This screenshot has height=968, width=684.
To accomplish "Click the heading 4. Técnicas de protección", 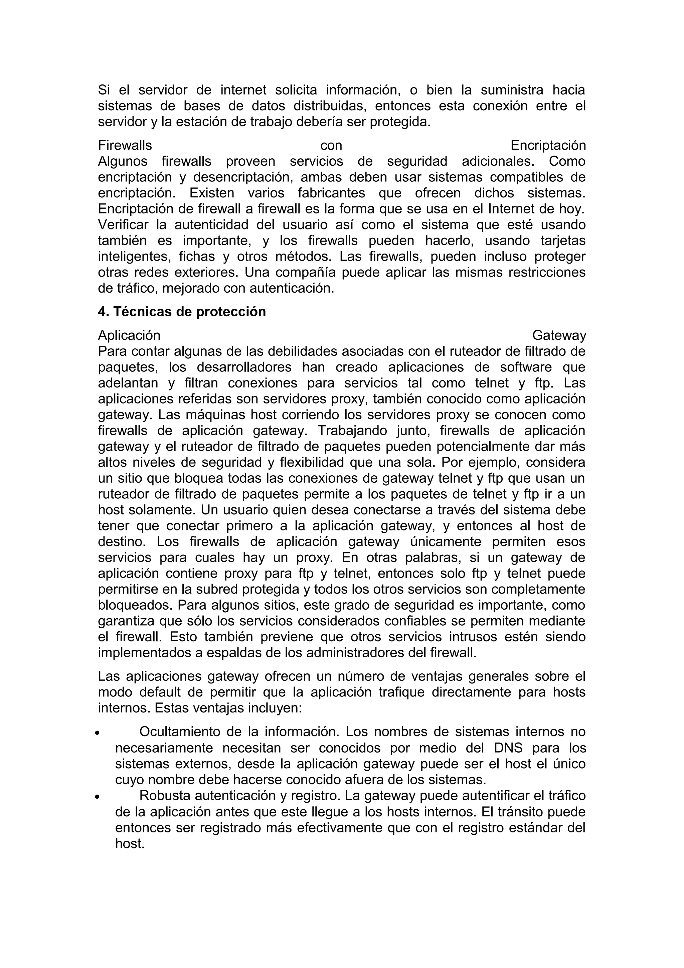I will click(x=182, y=312).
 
